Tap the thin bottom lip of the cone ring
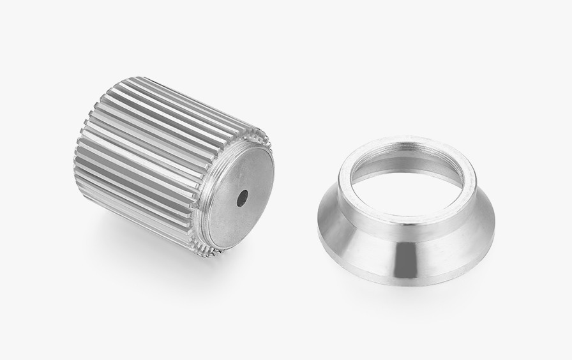(409, 281)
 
